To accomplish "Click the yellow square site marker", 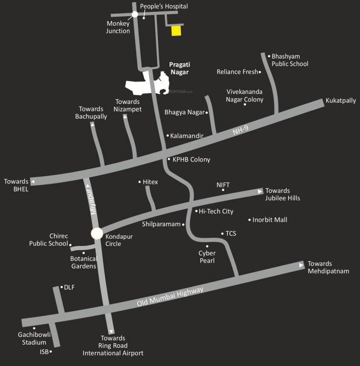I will coord(176,30).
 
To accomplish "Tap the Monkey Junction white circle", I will coord(135,14).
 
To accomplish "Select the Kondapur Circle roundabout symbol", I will coord(97,234).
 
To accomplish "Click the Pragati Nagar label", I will coord(179,68).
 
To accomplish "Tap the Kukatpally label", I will coord(340,101).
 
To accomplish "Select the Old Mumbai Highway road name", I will coord(170,297).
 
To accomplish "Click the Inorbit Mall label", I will coord(270,220).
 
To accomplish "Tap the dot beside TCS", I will coord(222,234).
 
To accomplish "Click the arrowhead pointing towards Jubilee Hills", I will coord(260,191).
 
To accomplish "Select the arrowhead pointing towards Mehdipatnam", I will coord(301,264).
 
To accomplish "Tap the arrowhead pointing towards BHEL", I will coord(33,182).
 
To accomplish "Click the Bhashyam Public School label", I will coord(290,60).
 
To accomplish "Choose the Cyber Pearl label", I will coord(207,257).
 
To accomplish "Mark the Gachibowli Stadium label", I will coord(32,338).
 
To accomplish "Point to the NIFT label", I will coord(223,184).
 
